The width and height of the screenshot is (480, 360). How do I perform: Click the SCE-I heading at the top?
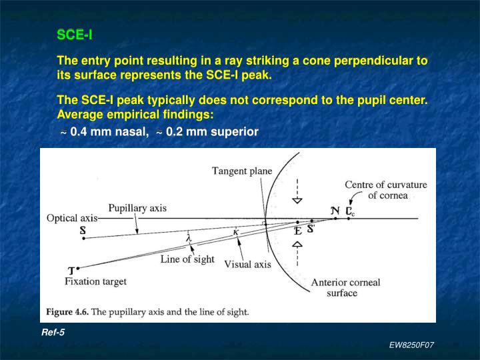coord(74,34)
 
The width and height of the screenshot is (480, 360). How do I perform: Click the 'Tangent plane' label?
coord(241,171)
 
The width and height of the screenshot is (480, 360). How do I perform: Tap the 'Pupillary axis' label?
coord(137,208)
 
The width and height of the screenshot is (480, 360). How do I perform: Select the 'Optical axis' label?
coord(71,218)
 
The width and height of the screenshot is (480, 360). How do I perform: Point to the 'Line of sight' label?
coord(187,259)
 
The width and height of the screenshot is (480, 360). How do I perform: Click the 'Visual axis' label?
coord(247,264)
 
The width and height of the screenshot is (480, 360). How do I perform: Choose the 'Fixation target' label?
coord(95,281)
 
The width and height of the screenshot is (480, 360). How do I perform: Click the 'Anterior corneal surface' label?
coord(345,287)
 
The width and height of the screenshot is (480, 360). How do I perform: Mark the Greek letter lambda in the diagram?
coord(189,238)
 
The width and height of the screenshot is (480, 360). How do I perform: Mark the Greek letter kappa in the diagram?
coord(235,231)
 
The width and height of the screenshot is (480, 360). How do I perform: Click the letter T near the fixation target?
coord(71,270)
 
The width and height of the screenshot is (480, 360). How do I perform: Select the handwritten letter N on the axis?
coord(335,210)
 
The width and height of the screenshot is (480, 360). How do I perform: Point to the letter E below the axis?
coord(297,231)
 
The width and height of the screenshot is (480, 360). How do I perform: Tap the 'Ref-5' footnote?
coord(53,332)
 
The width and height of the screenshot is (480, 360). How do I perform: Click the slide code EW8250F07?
coord(411,345)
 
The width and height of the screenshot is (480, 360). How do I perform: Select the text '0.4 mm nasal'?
coord(109,131)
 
